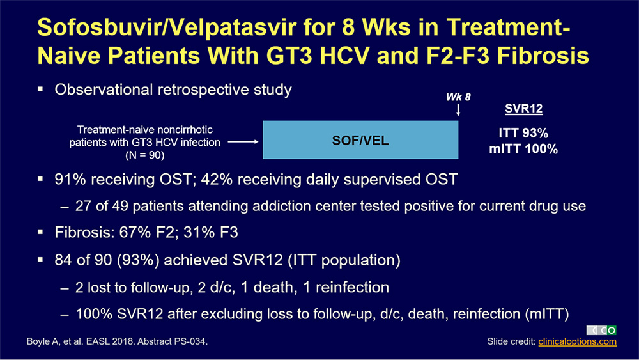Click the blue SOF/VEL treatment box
360,140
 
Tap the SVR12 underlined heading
524,109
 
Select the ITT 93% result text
523,133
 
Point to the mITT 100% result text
523,149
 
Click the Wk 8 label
458,97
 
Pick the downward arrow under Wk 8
458,110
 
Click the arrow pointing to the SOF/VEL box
243,141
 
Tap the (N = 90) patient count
144,155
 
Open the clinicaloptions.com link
577,341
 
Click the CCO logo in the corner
601,330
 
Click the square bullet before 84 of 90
40,260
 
